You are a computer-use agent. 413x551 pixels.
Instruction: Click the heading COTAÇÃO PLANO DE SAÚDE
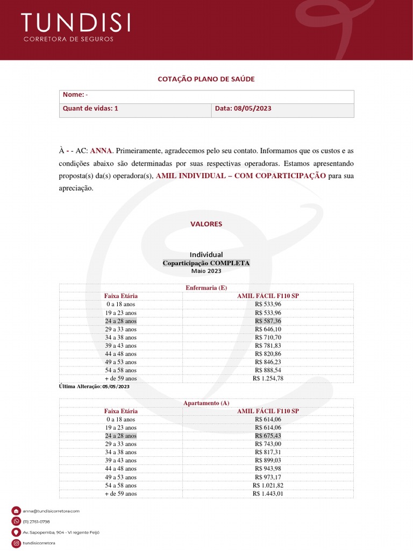[206, 79]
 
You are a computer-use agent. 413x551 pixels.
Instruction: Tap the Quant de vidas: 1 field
[90, 108]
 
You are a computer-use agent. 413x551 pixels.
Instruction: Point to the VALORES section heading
[206, 224]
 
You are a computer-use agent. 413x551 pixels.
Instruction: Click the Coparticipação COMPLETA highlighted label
[206, 263]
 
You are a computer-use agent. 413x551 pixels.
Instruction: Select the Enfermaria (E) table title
[206, 288]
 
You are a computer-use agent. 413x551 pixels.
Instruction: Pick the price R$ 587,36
[268, 321]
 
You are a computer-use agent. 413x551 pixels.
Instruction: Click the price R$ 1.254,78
[268, 378]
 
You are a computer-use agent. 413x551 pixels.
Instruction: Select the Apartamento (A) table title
[206, 403]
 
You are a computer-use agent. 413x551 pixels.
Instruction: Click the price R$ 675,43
[268, 436]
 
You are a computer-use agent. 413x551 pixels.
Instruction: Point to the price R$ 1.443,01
[268, 493]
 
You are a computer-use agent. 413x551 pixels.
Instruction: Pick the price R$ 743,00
[268, 444]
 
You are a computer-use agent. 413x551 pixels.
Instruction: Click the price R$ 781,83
[268, 345]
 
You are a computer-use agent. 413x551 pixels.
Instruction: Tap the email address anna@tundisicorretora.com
[51, 511]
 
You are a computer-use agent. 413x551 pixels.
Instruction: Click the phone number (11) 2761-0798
[37, 521]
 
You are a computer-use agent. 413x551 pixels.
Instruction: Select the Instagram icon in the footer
[16, 543]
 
